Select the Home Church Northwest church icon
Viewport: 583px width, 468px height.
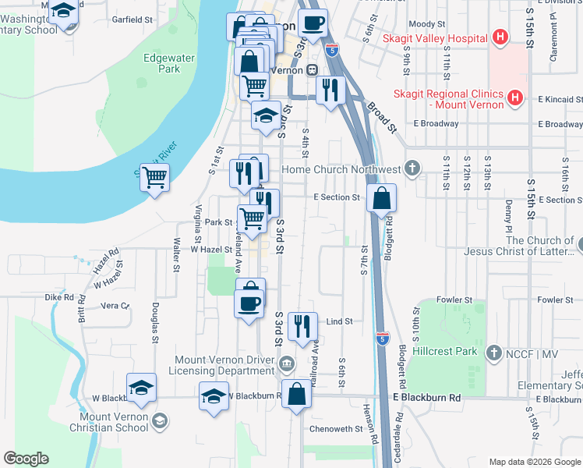click(412, 168)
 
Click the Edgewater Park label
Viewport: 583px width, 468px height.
click(161, 63)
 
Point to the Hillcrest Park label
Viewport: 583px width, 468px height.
click(443, 351)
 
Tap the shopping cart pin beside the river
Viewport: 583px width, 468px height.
click(154, 177)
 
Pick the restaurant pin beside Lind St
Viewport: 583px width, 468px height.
click(302, 325)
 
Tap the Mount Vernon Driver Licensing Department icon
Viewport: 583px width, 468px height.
click(287, 362)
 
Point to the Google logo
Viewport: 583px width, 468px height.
click(26, 459)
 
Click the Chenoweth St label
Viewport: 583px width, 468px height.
click(336, 428)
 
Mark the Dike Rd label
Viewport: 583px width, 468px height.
click(58, 297)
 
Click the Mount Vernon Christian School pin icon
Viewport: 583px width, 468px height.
click(160, 421)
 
